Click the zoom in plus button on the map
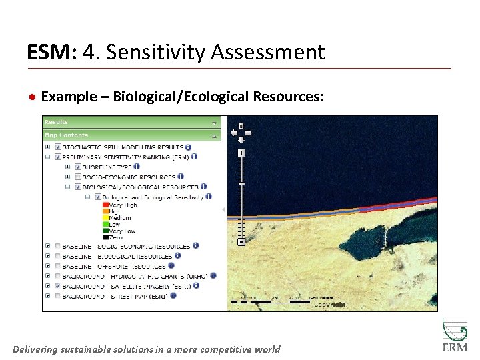point(241,153)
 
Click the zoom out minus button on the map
point(241,242)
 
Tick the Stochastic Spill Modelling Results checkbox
point(58,147)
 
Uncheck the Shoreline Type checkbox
point(78,167)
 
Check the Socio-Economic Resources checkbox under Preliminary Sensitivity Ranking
point(78,177)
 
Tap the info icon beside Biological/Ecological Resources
point(203,187)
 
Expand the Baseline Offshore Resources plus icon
point(47,266)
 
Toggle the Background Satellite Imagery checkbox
point(58,286)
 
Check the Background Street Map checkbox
point(58,296)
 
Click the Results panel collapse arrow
point(214,123)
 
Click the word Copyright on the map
point(330,305)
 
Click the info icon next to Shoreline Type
point(137,167)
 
